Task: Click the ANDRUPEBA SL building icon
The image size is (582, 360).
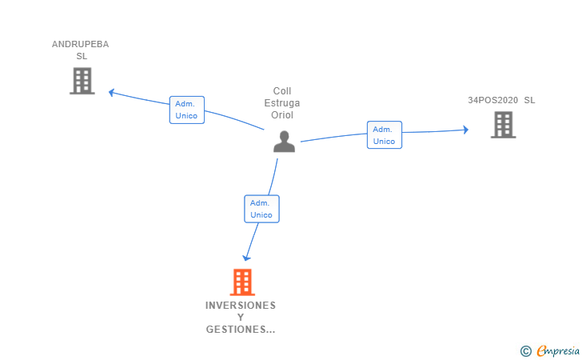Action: point(82,81)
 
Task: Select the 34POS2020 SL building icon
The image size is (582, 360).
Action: point(503,125)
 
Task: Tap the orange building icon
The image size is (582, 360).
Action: point(242,282)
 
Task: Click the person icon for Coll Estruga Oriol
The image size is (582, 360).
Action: point(284,142)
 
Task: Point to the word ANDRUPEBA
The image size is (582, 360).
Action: point(80,44)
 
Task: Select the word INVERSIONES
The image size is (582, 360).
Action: point(241,306)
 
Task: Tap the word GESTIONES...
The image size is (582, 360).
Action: point(238,330)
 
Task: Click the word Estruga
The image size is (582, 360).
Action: point(282,102)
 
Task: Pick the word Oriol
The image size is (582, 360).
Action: point(282,114)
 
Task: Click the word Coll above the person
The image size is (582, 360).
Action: point(282,91)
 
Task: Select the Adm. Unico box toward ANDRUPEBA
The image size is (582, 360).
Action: point(187,110)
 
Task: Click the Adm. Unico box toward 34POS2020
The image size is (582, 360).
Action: point(385,134)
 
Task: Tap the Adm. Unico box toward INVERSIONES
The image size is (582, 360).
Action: point(261,209)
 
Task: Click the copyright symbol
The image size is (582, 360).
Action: point(525,350)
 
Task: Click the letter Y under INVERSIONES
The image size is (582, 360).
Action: point(241,318)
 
